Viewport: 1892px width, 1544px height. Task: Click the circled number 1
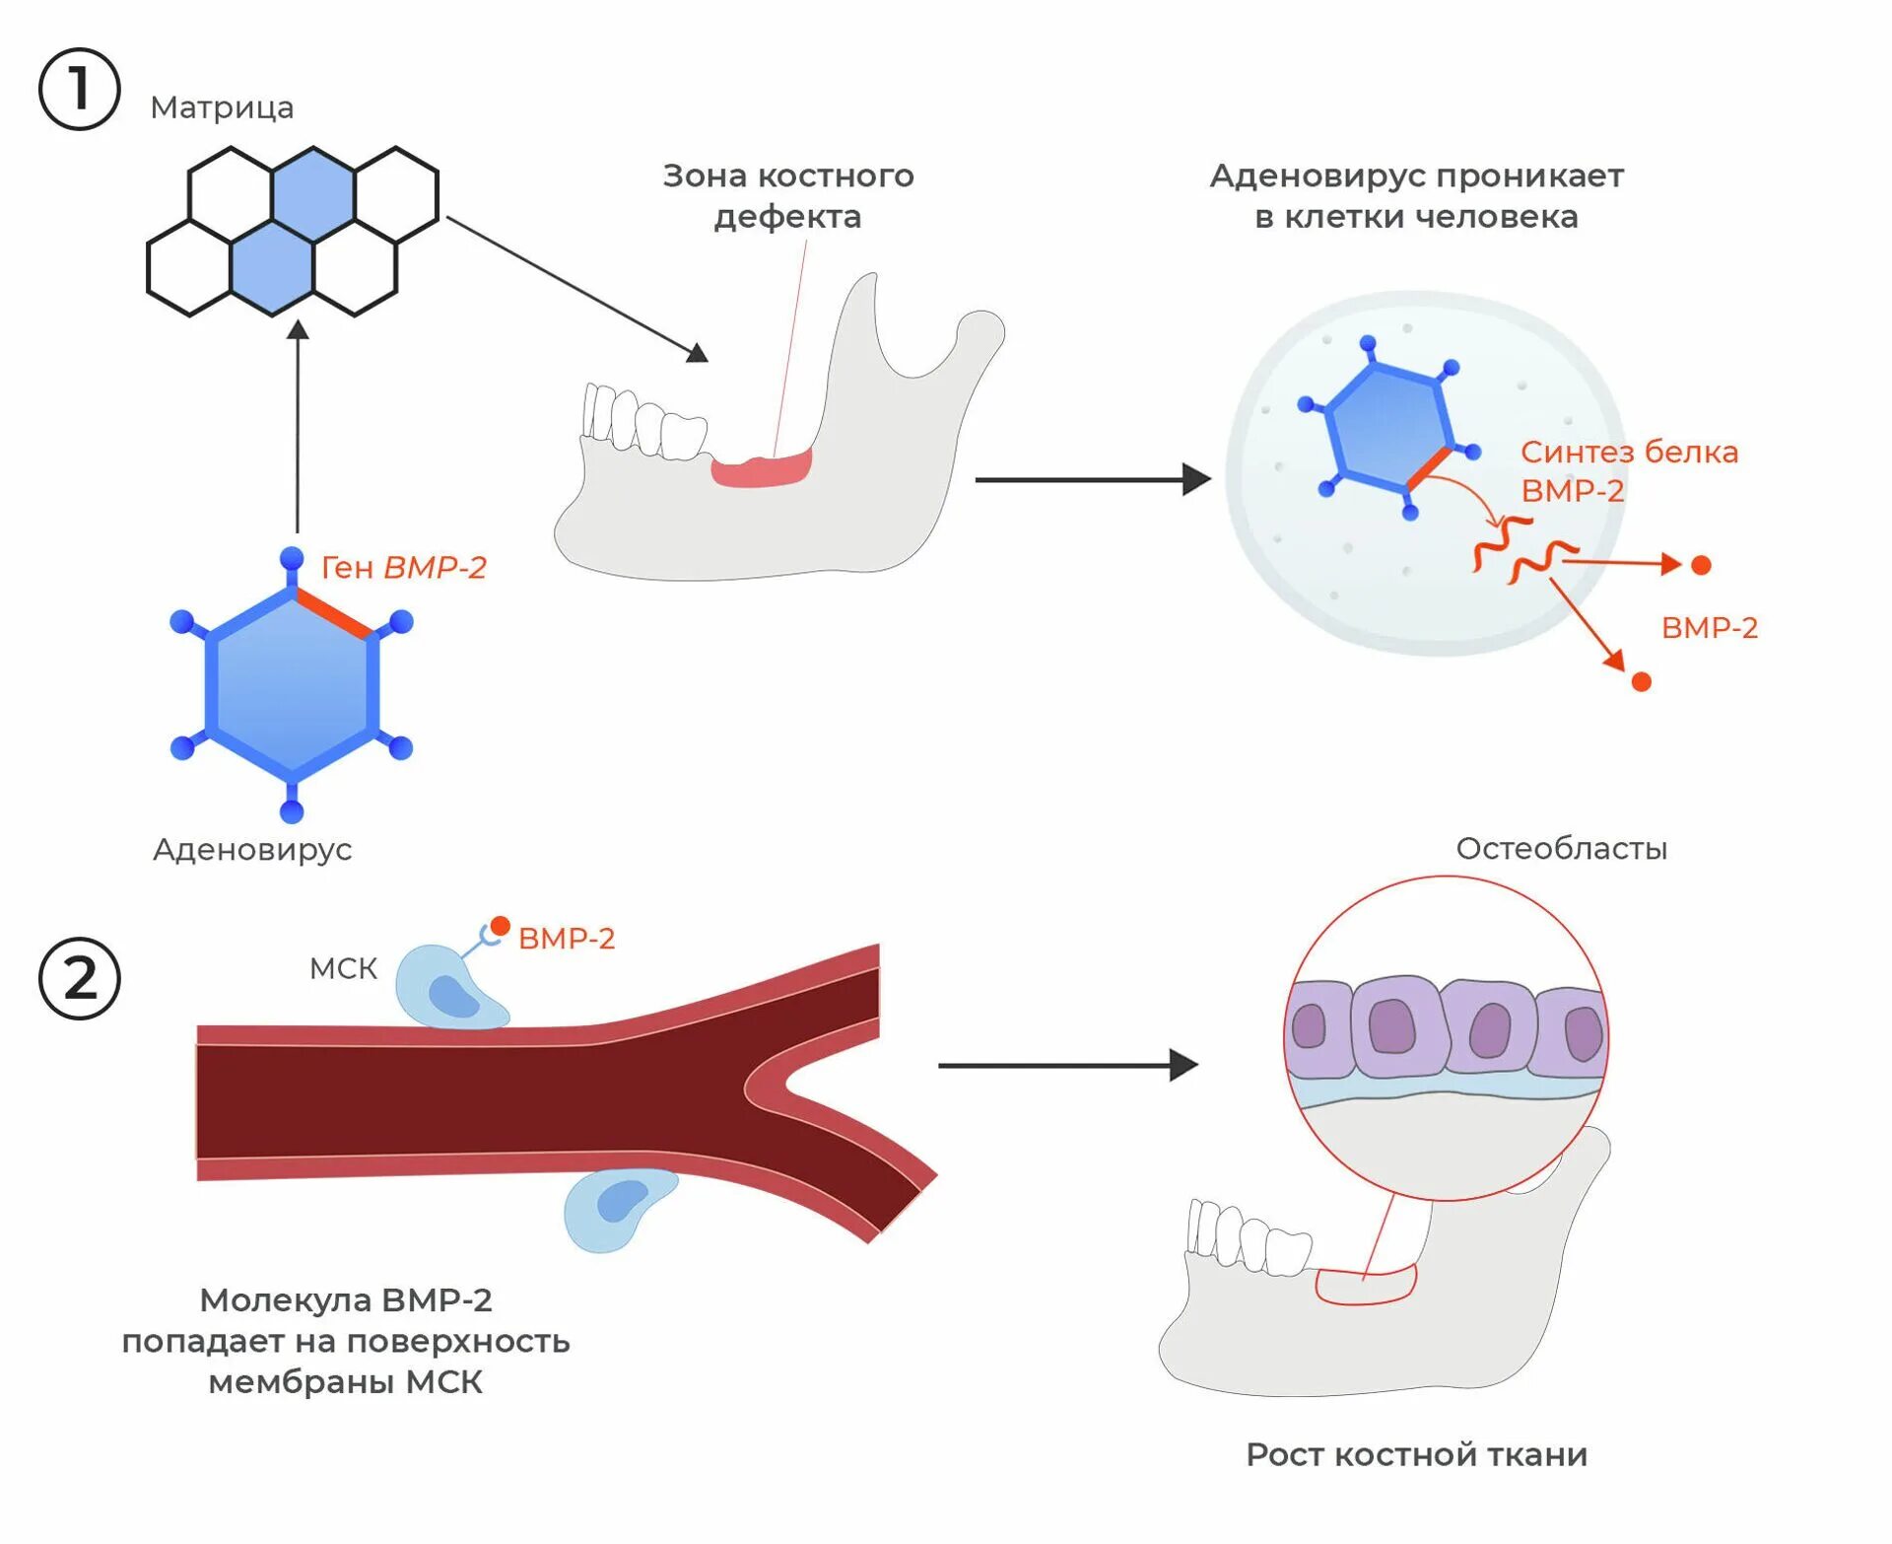79,90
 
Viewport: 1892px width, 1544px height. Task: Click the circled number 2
79,978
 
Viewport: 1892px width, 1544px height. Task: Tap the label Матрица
222,107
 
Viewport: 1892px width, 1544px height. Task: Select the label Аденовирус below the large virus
252,850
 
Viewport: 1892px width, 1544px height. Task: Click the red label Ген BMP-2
404,567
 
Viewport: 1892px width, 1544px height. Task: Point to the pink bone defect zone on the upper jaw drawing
762,467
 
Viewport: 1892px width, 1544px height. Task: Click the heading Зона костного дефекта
788,195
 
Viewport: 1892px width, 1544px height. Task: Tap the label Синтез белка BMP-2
1629,470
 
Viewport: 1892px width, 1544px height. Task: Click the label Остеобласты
1562,849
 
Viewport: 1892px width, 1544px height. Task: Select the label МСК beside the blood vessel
343,968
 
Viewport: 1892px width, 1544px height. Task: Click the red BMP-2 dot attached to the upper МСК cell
500,926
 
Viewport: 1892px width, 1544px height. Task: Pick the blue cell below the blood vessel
618,1209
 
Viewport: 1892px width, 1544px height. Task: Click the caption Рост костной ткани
1416,1454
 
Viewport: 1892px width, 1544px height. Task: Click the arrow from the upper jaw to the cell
1093,480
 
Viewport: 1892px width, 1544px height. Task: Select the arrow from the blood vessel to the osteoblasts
1068,1066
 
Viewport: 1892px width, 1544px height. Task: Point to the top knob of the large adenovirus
292,559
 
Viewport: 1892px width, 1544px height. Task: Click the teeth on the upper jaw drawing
643,422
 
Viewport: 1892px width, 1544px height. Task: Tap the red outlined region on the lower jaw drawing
1367,1286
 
